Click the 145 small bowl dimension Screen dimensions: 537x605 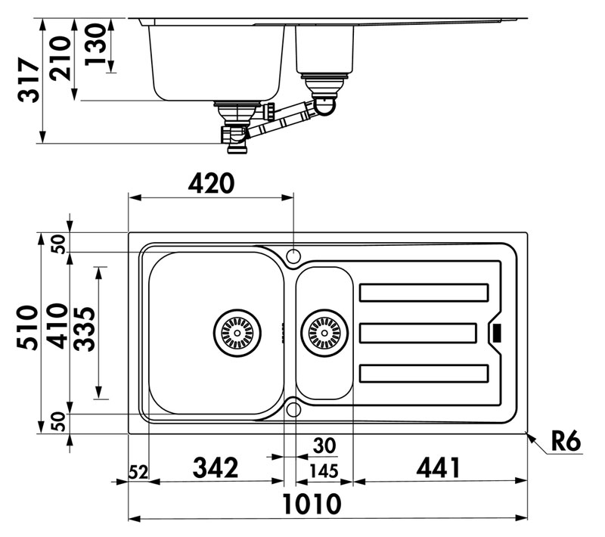pyautogui.click(x=324, y=470)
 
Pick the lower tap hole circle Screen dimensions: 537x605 pyautogui.click(x=293, y=409)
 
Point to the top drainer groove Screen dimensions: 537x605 pyautogui.click(x=423, y=292)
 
